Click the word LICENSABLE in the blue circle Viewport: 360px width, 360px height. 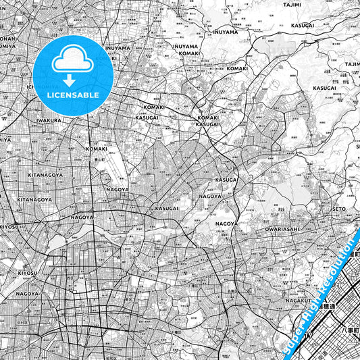coord(73,95)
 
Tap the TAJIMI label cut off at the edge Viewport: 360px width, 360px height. coord(352,64)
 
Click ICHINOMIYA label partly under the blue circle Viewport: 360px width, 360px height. coord(37,86)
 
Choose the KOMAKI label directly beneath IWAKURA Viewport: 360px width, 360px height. coord(97,148)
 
